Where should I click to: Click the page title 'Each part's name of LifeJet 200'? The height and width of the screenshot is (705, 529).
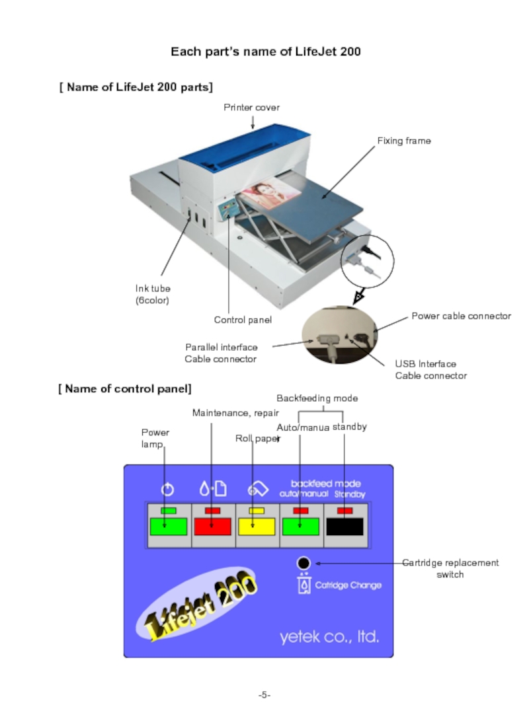point(265,52)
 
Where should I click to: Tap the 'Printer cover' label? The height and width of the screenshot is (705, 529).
point(251,107)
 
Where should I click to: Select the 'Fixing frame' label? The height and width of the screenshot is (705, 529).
point(403,141)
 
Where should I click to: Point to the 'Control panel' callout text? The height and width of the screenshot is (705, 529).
point(243,320)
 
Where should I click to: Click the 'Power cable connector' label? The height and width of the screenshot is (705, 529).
point(461,316)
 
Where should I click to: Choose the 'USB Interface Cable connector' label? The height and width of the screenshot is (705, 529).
point(430,370)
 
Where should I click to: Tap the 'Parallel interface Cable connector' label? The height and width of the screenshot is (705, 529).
point(221,353)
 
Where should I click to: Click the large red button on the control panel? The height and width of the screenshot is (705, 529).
point(212,527)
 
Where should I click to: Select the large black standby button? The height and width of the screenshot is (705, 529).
point(345,527)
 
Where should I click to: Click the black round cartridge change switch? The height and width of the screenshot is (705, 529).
point(304,563)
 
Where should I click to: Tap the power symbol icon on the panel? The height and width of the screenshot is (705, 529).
point(168,490)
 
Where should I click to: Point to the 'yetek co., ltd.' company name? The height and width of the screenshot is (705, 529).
point(329,637)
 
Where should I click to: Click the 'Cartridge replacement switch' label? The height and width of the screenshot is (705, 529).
point(450,569)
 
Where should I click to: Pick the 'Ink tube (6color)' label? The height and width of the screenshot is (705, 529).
point(153,295)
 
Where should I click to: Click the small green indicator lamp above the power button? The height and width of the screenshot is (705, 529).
point(168,511)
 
